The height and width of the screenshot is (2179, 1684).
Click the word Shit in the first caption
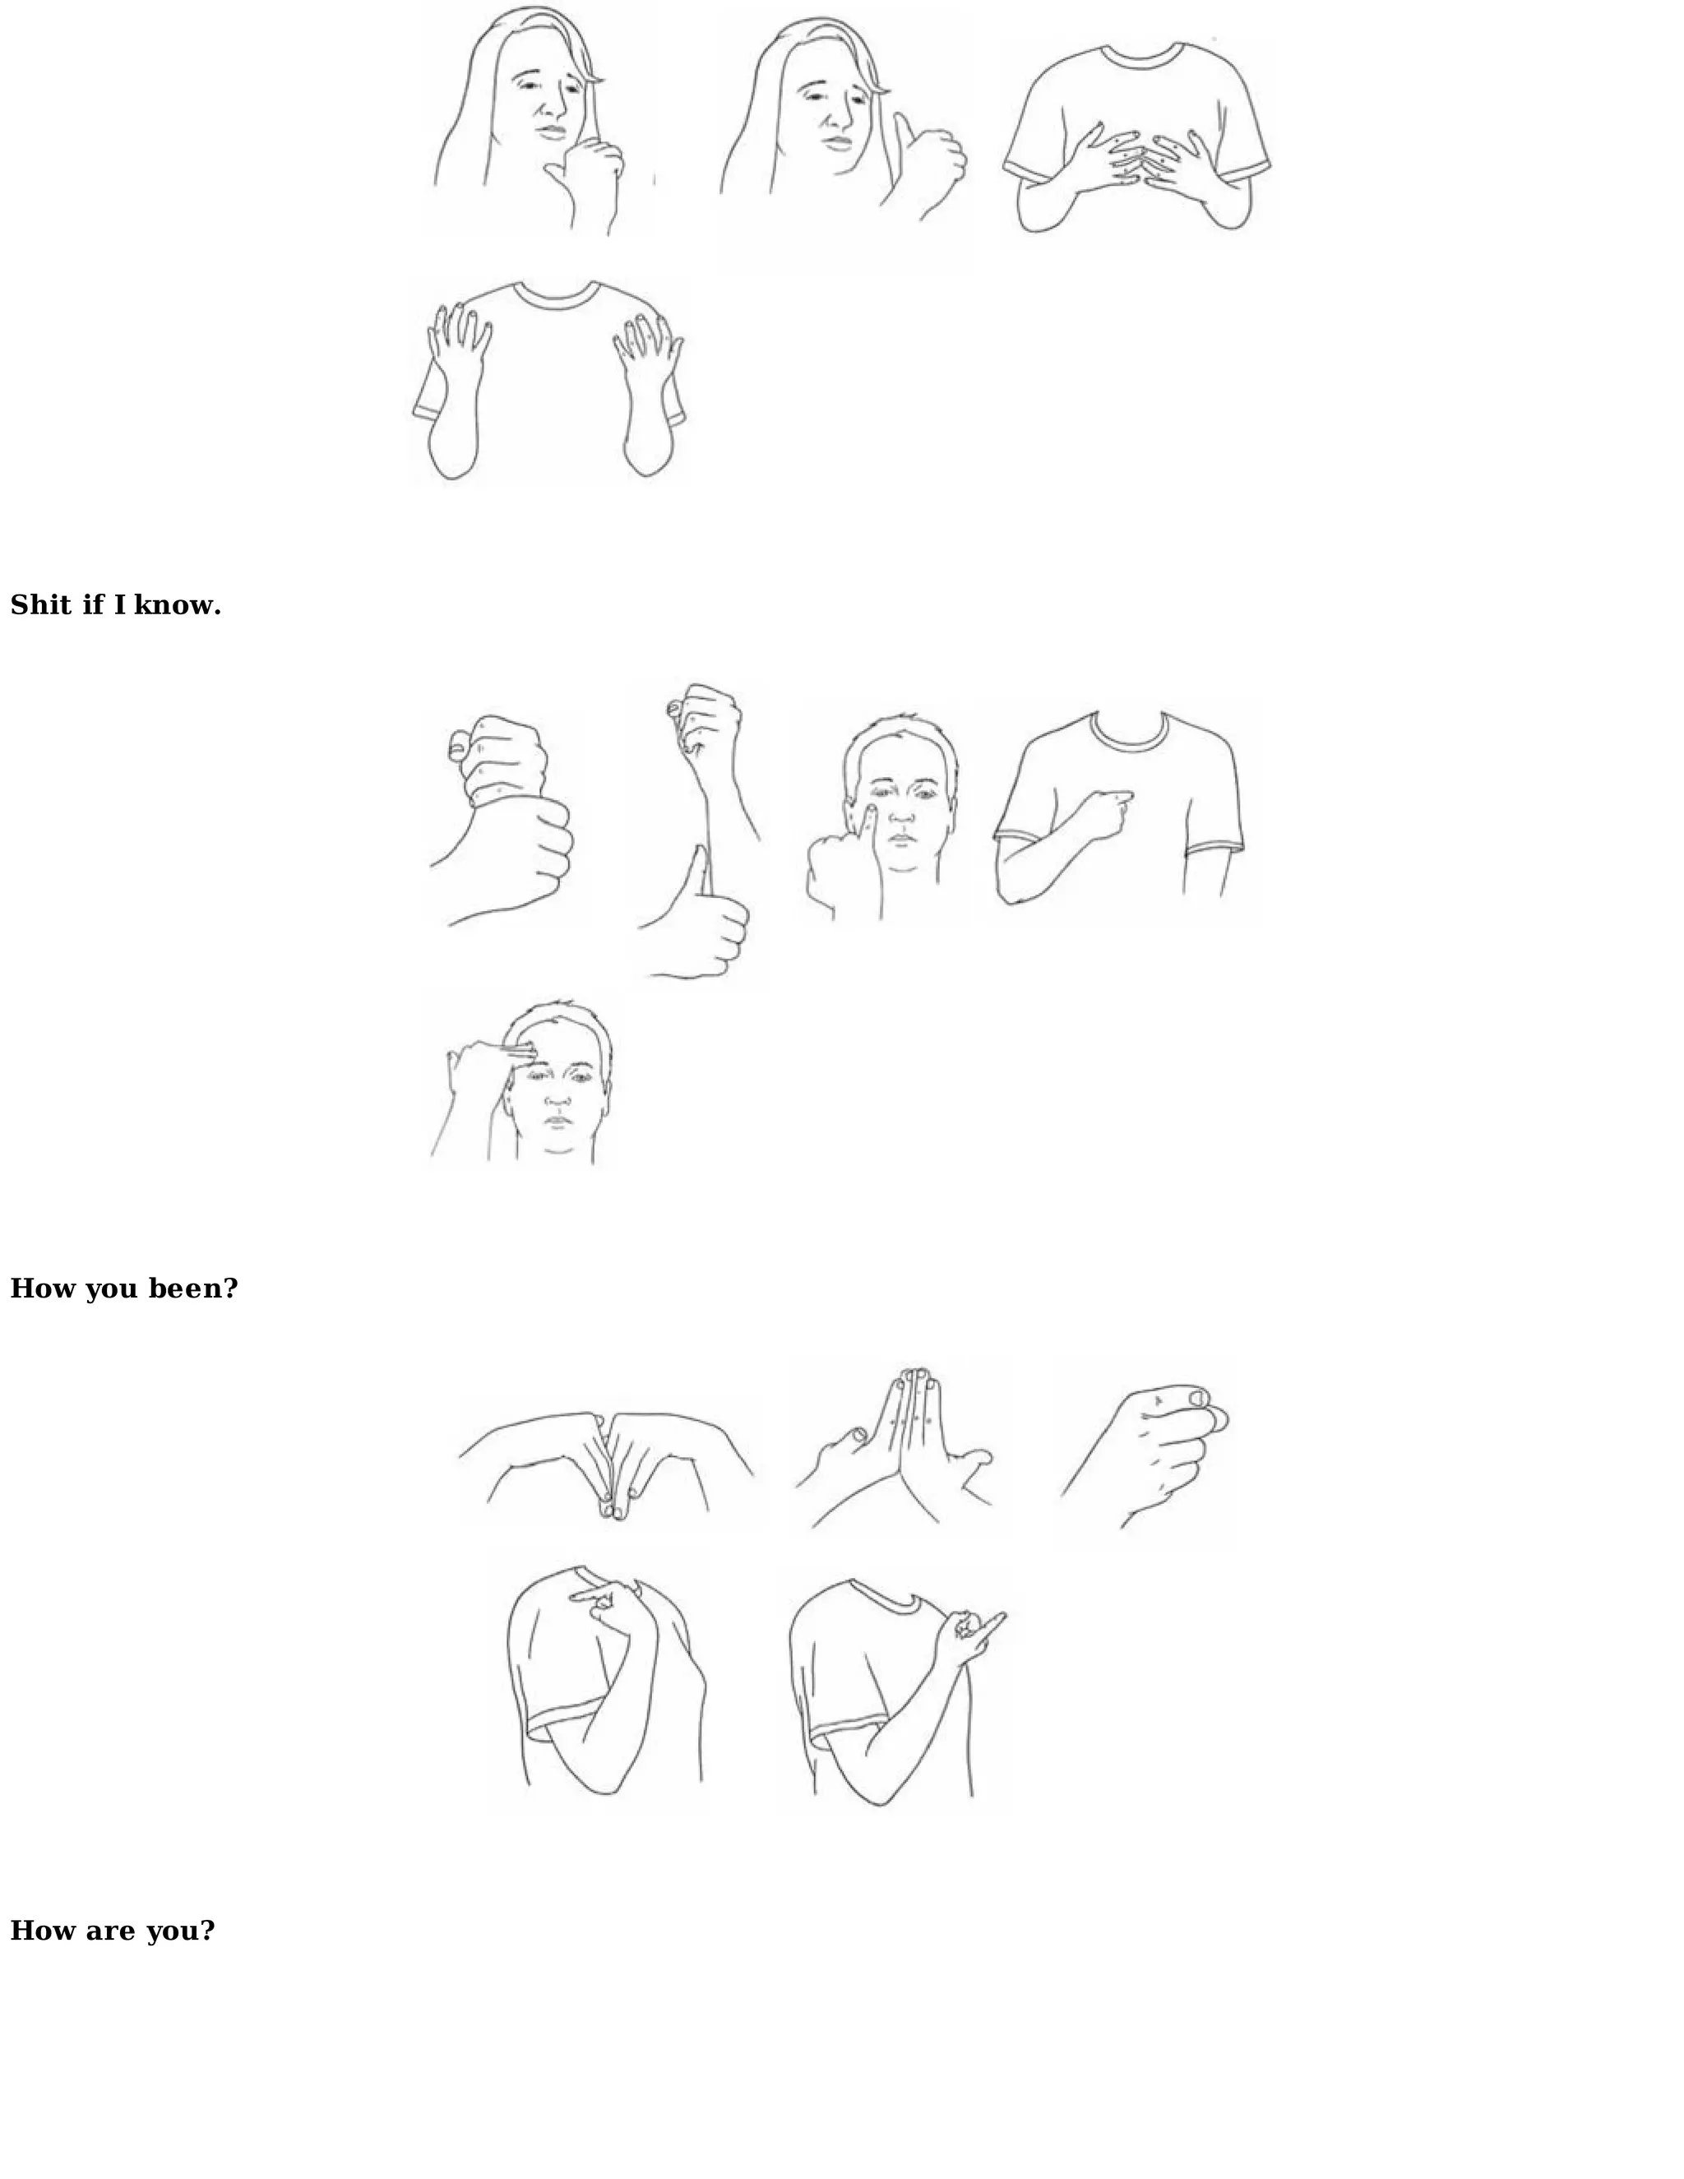click(40, 606)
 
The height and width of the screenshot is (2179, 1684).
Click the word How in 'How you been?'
click(43, 1289)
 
